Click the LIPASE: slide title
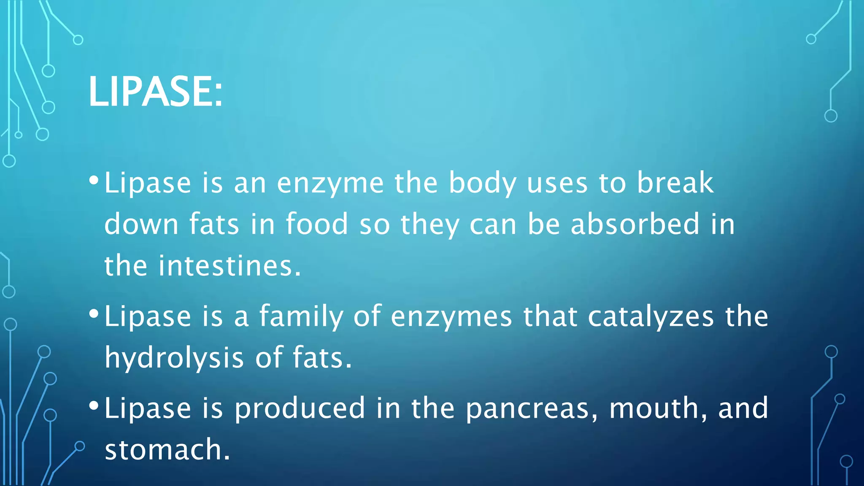coord(155,92)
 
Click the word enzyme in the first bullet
coord(330,184)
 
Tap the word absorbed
coord(635,224)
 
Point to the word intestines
coord(230,266)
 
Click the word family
coord(301,316)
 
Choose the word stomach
coord(167,449)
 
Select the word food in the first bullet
coord(317,224)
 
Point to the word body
coord(482,184)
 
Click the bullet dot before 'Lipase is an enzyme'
coord(94,181)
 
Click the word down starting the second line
coord(141,224)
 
